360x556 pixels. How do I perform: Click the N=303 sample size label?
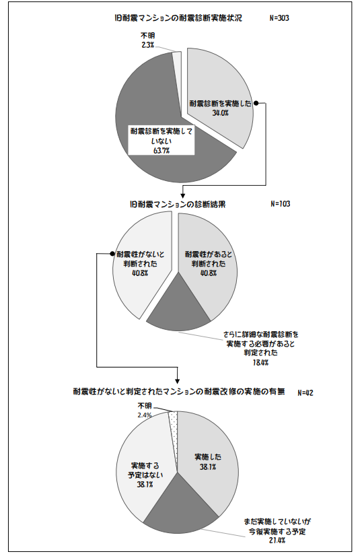pyautogui.click(x=279, y=18)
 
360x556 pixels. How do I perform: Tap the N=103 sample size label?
pyautogui.click(x=281, y=203)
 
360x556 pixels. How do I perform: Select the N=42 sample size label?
pyautogui.click(x=305, y=393)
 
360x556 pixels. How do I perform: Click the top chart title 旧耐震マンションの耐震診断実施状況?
pyautogui.click(x=178, y=18)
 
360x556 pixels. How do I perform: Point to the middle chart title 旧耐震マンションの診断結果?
pyautogui.click(x=178, y=205)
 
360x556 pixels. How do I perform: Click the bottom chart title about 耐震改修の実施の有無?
pyautogui.click(x=179, y=392)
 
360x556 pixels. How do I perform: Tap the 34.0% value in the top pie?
pyautogui.click(x=221, y=113)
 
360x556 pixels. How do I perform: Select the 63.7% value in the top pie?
pyautogui.click(x=161, y=150)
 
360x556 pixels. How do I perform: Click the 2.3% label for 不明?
pyautogui.click(x=148, y=45)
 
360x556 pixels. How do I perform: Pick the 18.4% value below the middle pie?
pyautogui.click(x=260, y=363)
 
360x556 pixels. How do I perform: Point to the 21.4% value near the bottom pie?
pyautogui.click(x=277, y=541)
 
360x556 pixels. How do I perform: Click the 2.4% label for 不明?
pyautogui.click(x=145, y=415)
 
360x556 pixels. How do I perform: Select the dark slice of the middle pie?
pyautogui.click(x=179, y=308)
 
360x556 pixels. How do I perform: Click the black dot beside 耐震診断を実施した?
pyautogui.click(x=256, y=104)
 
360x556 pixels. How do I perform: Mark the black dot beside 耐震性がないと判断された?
pyautogui.click(x=112, y=254)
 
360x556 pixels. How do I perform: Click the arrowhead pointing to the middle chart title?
pyautogui.click(x=183, y=195)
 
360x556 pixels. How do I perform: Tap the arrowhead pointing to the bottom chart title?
pyautogui.click(x=177, y=380)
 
